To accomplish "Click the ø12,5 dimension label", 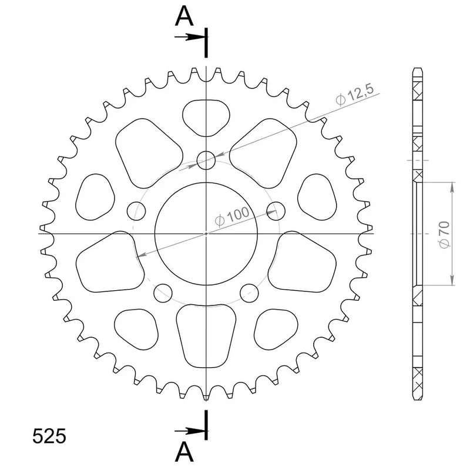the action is click(355, 95).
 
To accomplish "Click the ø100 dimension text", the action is click(232, 216).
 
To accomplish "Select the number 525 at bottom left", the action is click(49, 436).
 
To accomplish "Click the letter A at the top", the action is click(184, 16).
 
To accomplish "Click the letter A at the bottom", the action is click(184, 452).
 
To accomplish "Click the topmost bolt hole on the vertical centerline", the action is click(206, 160).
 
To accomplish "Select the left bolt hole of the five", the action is click(136, 211).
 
